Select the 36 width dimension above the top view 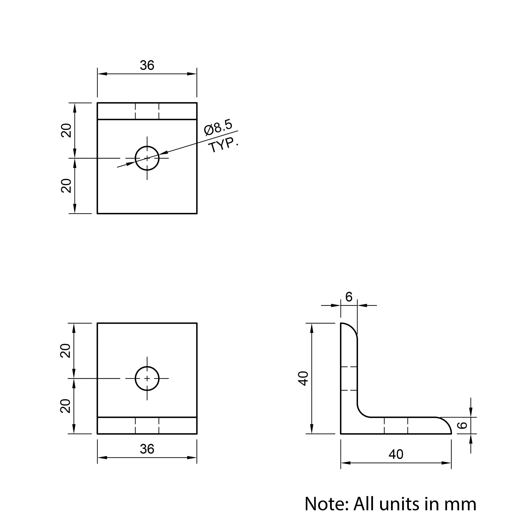click(147, 65)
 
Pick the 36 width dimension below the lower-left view click(147, 449)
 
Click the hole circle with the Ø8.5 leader click(147, 147)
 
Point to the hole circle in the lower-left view click(147, 367)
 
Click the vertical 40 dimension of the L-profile click(303, 379)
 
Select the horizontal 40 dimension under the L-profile click(396, 455)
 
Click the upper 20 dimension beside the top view click(66, 131)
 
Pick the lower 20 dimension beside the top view click(66, 186)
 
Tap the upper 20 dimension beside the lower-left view click(65, 351)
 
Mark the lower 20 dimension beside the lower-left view click(65, 406)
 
